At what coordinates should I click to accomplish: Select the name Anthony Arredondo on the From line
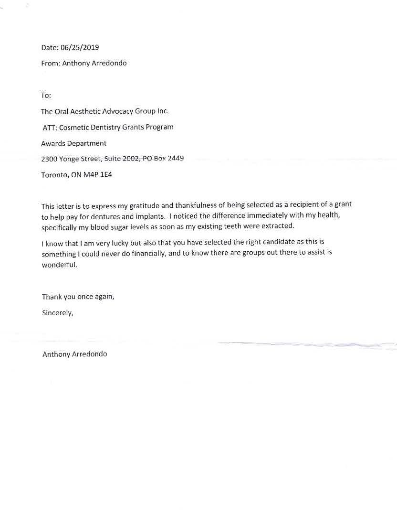click(x=94, y=63)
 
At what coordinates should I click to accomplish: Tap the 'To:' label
click(x=46, y=96)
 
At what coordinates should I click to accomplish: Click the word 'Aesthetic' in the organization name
click(x=88, y=111)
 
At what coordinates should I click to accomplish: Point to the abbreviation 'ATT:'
click(x=50, y=128)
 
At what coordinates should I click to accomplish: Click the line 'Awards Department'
click(x=74, y=143)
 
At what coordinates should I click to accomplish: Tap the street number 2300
click(x=49, y=159)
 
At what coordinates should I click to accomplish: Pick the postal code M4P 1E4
click(x=98, y=175)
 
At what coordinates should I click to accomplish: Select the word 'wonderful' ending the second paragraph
click(x=59, y=265)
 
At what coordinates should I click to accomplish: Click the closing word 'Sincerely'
click(x=57, y=313)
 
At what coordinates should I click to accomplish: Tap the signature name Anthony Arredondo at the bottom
click(x=75, y=354)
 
